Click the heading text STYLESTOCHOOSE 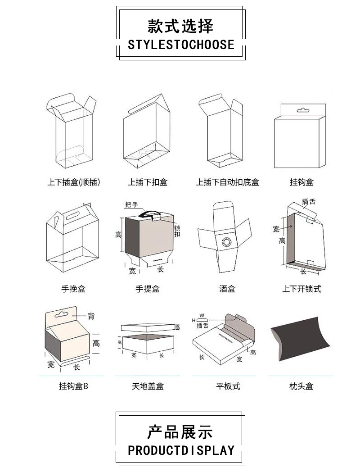[x=181, y=45]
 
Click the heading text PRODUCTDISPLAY [x=181, y=450]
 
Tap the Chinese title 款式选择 [x=180, y=26]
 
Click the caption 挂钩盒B [x=73, y=386]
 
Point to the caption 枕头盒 [x=301, y=386]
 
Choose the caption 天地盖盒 [x=148, y=386]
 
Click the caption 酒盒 [x=227, y=289]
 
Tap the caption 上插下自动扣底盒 [x=227, y=182]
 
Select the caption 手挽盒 [x=73, y=289]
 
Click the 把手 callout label [x=132, y=205]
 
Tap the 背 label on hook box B [x=91, y=316]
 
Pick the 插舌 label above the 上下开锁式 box [x=309, y=201]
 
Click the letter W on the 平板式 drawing [x=202, y=315]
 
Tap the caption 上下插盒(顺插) [x=73, y=182]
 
